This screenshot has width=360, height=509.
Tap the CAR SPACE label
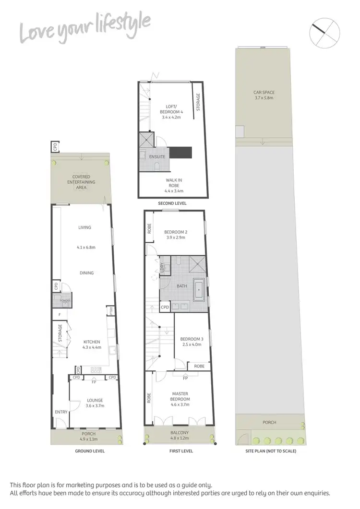click(264, 95)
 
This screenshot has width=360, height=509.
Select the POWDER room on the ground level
click(65, 301)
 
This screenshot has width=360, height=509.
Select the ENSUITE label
click(158, 157)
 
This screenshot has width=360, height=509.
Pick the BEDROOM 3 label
click(192, 342)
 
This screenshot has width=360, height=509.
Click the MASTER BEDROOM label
click(180, 396)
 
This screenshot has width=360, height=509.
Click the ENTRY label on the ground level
click(61, 412)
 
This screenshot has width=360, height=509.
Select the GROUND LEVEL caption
click(90, 451)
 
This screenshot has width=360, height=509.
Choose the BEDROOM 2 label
click(175, 234)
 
